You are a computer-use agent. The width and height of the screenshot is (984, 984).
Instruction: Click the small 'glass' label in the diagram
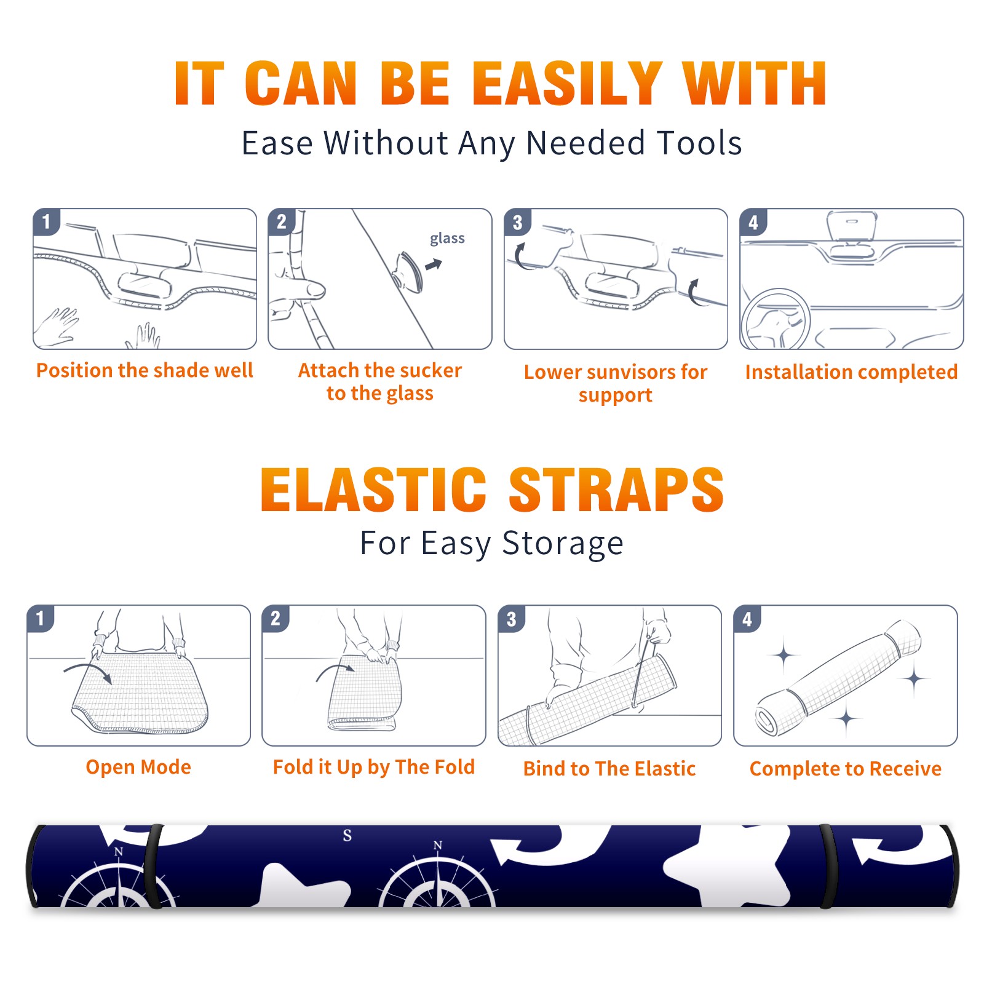click(447, 238)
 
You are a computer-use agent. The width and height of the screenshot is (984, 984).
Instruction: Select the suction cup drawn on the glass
click(408, 270)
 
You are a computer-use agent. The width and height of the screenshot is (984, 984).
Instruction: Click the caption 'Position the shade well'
click(145, 370)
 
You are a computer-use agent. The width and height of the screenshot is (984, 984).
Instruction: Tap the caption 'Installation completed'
click(851, 372)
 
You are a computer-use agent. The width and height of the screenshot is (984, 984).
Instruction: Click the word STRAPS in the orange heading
click(616, 490)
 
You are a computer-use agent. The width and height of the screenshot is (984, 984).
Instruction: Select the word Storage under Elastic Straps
click(563, 544)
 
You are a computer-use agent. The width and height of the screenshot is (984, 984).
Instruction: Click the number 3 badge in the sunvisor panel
click(517, 222)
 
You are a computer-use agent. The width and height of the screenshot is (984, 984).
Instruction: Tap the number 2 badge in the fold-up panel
click(276, 618)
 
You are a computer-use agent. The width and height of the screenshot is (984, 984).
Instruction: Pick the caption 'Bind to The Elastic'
click(609, 769)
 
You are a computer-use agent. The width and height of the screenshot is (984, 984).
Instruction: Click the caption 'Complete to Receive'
click(845, 769)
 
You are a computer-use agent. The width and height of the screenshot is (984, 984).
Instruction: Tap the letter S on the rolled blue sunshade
click(347, 835)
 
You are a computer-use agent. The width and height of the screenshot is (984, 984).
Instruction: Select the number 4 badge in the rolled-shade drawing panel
click(747, 619)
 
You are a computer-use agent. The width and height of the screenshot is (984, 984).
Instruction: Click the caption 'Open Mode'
click(138, 767)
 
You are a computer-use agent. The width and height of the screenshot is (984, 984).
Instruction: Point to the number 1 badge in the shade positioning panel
click(46, 221)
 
